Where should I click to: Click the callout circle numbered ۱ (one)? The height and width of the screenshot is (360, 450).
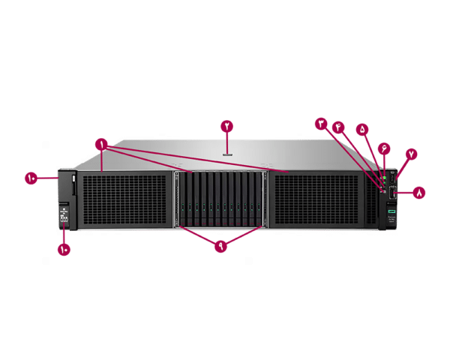101,142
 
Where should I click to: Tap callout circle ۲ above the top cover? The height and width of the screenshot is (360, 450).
227,125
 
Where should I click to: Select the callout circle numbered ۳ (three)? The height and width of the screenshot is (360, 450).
322,122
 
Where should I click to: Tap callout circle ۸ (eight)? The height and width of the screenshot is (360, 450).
419,193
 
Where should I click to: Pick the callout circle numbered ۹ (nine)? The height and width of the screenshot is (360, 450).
220,246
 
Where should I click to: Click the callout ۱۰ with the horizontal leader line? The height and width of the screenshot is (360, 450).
31,178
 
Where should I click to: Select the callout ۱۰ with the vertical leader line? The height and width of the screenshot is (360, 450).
64,248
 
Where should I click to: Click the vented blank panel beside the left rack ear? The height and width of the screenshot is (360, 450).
124,200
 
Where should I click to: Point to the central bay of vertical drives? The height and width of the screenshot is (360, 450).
221,199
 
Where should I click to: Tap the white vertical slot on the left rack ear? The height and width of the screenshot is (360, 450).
74,182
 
